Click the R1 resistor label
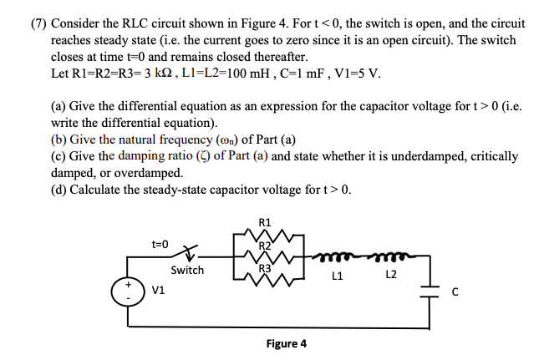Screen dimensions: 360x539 point(266,222)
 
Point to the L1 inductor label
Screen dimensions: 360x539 point(338,274)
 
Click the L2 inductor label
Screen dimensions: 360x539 point(391,274)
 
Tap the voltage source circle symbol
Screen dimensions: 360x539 point(129,292)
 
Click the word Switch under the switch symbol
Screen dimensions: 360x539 point(187,270)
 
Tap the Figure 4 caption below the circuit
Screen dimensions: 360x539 point(286,344)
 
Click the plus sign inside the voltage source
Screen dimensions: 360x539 point(129,285)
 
